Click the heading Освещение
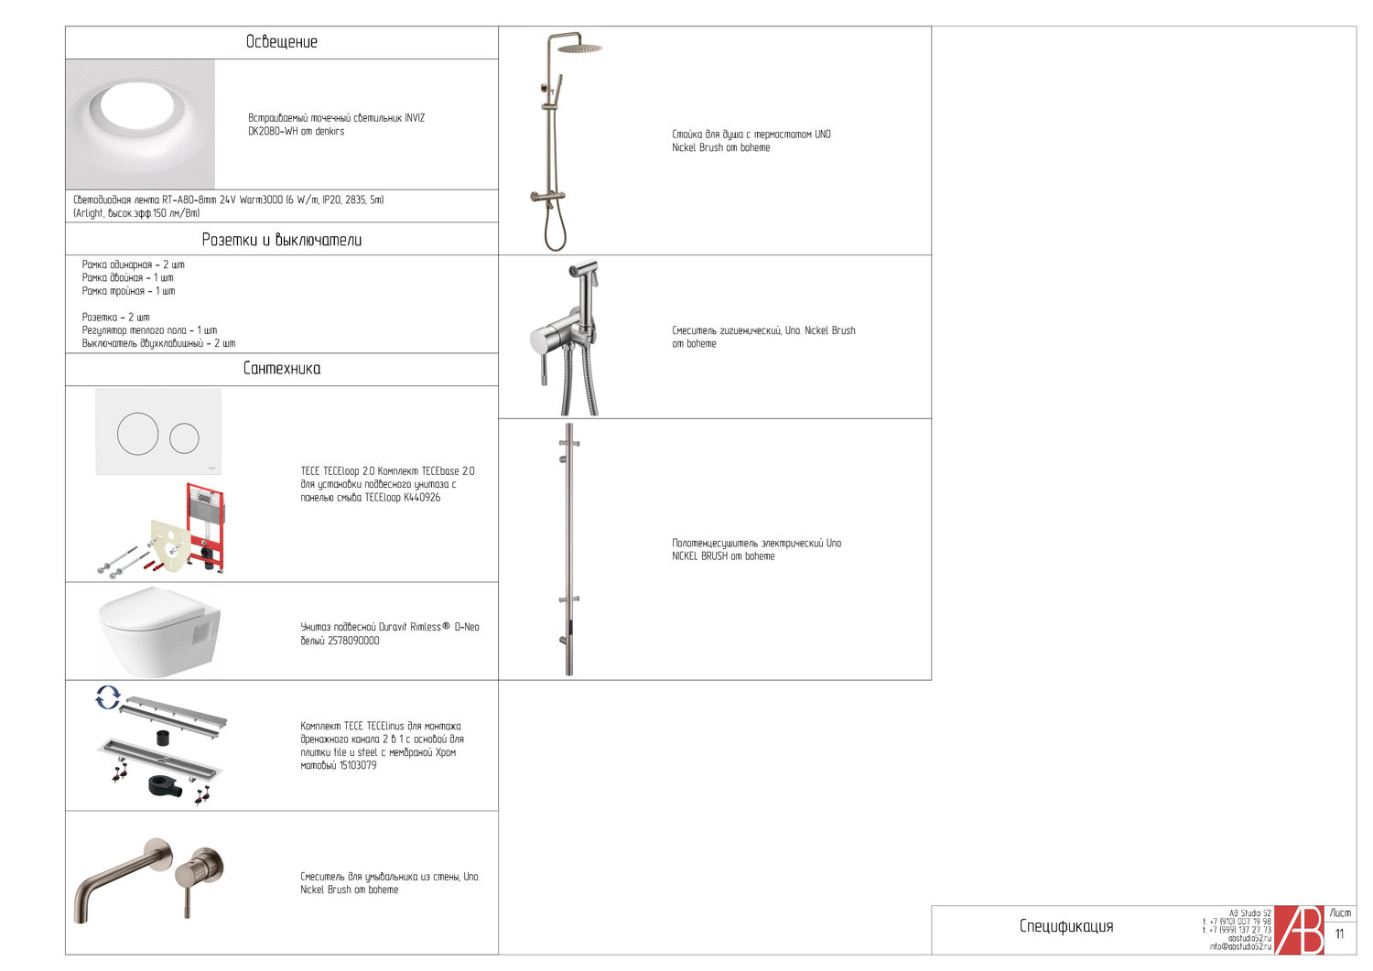coord(281,42)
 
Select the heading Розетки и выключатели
coord(281,240)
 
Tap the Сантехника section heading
coord(281,369)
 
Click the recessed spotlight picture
coord(140,124)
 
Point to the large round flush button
coord(137,434)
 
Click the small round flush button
coord(184,438)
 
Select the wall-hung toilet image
coord(158,631)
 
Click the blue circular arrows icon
coord(108,697)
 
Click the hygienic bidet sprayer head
coord(582,271)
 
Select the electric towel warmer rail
coord(569,549)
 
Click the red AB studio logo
coord(1299,930)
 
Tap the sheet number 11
coord(1339,934)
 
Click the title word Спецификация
coord(1066,926)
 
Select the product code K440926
coord(422,498)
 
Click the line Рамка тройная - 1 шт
coord(128,291)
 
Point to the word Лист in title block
coord(1340,913)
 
